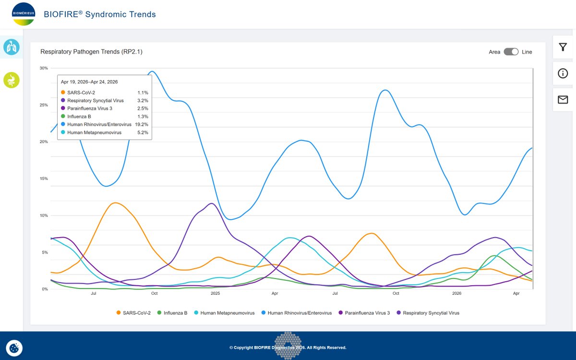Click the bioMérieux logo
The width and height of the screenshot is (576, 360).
[24, 14]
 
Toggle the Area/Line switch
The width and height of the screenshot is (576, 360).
[511, 52]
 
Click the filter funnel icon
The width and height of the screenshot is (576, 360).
[563, 47]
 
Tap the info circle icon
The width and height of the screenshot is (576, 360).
[563, 73]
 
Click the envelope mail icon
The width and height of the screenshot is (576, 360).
[563, 99]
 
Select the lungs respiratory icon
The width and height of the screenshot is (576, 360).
[12, 47]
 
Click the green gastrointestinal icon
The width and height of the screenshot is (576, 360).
[12, 80]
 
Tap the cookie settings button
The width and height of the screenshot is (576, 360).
[14, 348]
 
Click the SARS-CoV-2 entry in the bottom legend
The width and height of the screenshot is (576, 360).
[133, 312]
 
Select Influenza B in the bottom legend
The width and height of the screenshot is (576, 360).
[172, 312]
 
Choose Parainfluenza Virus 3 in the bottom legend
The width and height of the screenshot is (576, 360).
[364, 312]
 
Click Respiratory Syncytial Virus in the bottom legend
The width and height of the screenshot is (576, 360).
[428, 312]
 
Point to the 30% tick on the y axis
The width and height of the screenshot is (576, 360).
[44, 68]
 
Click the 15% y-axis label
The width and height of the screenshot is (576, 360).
[44, 179]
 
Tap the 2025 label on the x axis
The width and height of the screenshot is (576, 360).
[215, 293]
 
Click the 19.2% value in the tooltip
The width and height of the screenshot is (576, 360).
[142, 124]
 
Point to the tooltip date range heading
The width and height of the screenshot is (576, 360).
[89, 82]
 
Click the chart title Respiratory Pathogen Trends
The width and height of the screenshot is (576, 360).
[91, 52]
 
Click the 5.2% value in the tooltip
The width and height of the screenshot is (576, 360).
[143, 132]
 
